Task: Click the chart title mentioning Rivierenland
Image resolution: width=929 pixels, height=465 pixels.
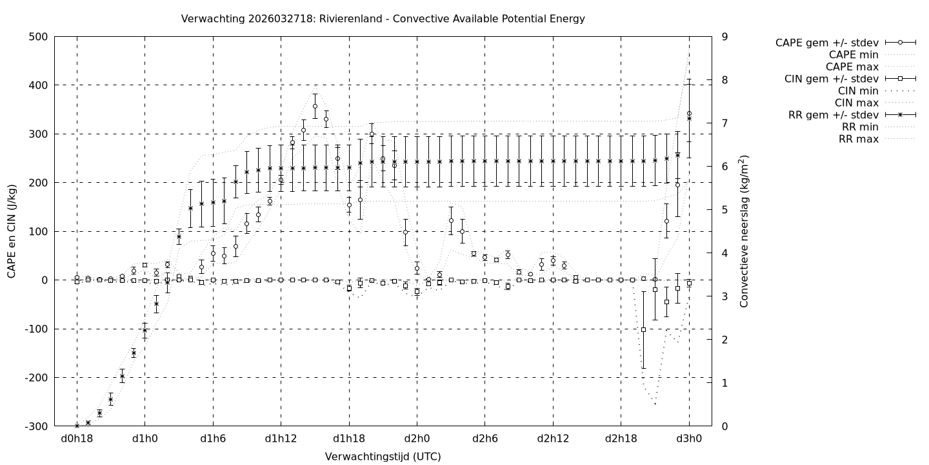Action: (x=383, y=19)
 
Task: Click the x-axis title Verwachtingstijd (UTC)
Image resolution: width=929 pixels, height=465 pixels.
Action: (x=383, y=457)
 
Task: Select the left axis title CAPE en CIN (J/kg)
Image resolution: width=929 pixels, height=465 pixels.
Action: (x=12, y=231)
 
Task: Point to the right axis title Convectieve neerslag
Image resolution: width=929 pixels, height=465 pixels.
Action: (x=744, y=231)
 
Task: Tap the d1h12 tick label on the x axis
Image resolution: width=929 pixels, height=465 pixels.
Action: (x=281, y=439)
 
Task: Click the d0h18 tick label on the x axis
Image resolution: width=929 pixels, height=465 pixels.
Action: (x=77, y=439)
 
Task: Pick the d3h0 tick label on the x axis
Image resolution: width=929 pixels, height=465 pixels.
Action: (x=689, y=439)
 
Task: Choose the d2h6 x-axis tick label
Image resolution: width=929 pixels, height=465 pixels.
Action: (x=484, y=439)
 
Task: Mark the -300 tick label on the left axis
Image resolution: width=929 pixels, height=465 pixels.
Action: (x=35, y=426)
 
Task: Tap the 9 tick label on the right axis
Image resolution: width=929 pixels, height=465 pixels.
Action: (x=725, y=37)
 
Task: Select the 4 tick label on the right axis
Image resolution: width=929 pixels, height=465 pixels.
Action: (x=725, y=253)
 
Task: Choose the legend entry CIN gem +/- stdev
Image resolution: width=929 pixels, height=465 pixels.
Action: (x=832, y=79)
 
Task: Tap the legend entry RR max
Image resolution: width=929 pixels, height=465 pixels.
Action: (x=859, y=139)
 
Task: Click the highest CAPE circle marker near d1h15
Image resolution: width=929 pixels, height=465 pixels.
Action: (x=315, y=106)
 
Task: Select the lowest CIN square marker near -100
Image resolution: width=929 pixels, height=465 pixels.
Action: (x=643, y=329)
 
